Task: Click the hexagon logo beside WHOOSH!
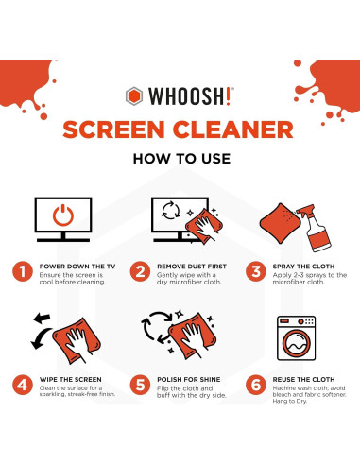[134, 96]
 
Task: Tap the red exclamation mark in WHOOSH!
[229, 96]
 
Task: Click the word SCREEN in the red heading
[113, 129]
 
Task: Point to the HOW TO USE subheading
[181, 159]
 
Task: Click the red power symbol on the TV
[63, 215]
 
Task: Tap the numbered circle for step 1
[23, 271]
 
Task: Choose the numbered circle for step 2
[140, 271]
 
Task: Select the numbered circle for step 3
[256, 271]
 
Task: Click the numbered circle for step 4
[23, 385]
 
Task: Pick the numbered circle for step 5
[140, 385]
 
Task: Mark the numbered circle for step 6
[256, 385]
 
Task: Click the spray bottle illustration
[315, 228]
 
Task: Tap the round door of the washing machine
[296, 343]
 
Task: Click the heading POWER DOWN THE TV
[77, 267]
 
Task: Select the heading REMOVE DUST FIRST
[192, 267]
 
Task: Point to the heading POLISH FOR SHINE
[189, 380]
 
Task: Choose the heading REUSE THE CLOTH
[303, 380]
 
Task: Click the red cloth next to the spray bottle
[280, 223]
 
